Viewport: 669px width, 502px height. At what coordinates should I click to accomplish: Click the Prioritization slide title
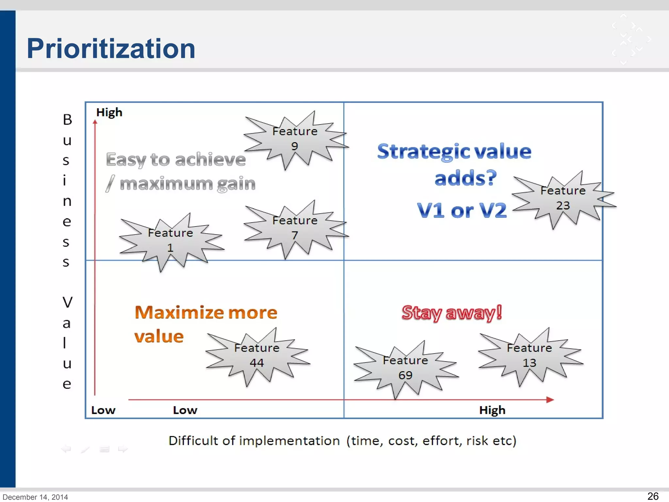click(111, 48)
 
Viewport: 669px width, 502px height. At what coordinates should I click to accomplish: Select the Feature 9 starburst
click(295, 139)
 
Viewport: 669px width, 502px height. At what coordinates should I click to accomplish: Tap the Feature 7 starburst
click(295, 228)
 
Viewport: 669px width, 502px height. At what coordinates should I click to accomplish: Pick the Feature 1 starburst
click(170, 241)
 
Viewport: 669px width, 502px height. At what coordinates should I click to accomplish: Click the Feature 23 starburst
click(563, 198)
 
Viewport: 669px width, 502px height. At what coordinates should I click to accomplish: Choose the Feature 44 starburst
click(257, 356)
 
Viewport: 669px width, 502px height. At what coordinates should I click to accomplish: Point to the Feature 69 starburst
click(405, 368)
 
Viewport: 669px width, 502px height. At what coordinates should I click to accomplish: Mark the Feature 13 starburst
click(529, 356)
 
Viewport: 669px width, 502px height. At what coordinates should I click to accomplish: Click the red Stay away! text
click(451, 313)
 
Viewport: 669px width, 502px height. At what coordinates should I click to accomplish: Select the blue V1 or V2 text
click(462, 210)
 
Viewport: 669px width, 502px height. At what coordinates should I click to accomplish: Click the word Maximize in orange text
click(179, 312)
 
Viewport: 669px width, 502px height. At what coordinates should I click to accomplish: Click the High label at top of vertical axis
click(109, 112)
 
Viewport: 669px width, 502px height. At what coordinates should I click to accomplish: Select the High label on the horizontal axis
click(492, 410)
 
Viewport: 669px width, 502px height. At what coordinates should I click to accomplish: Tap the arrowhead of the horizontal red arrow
click(550, 399)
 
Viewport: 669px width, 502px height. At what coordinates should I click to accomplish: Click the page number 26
click(653, 496)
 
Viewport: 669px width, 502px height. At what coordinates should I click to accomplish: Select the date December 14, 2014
click(35, 497)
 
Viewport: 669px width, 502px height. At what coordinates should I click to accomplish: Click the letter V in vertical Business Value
click(67, 302)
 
